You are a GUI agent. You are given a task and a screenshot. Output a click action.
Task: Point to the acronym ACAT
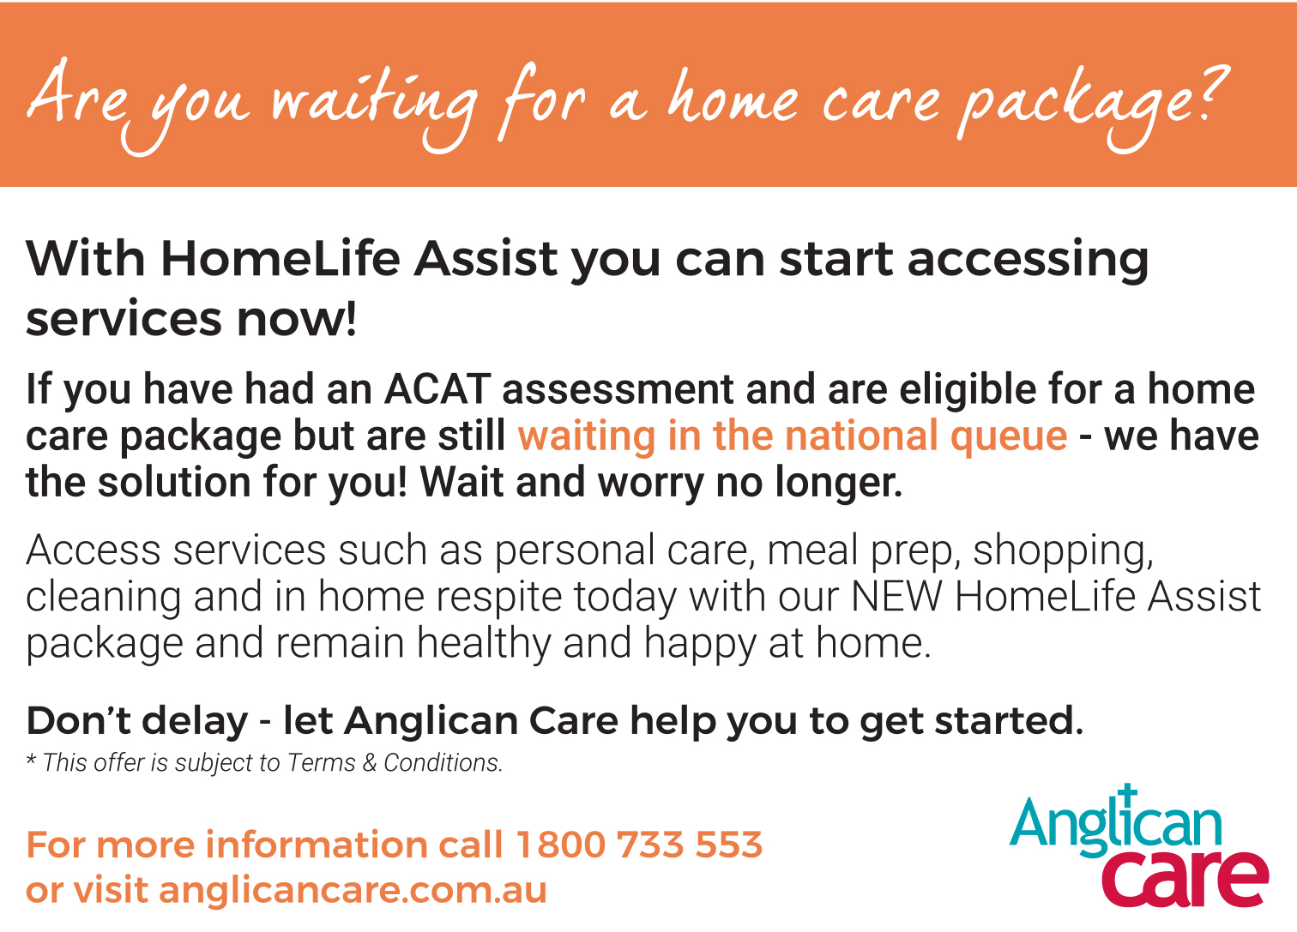click(437, 388)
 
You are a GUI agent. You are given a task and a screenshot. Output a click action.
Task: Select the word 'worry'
click(650, 484)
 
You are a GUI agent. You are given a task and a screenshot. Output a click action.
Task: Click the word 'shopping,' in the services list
click(1063, 550)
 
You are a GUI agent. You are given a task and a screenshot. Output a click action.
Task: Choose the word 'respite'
click(498, 598)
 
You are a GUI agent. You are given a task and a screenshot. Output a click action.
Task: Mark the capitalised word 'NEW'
click(897, 596)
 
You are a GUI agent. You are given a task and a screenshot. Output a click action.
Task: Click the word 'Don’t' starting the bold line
click(79, 721)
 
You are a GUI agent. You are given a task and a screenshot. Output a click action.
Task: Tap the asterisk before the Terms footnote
click(31, 758)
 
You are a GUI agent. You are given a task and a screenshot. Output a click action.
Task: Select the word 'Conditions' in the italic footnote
click(443, 762)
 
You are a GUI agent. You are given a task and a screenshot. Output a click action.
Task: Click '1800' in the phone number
click(560, 845)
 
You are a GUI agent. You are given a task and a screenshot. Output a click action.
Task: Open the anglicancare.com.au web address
click(353, 890)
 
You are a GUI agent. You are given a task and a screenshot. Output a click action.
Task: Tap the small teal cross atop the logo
click(1126, 794)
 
